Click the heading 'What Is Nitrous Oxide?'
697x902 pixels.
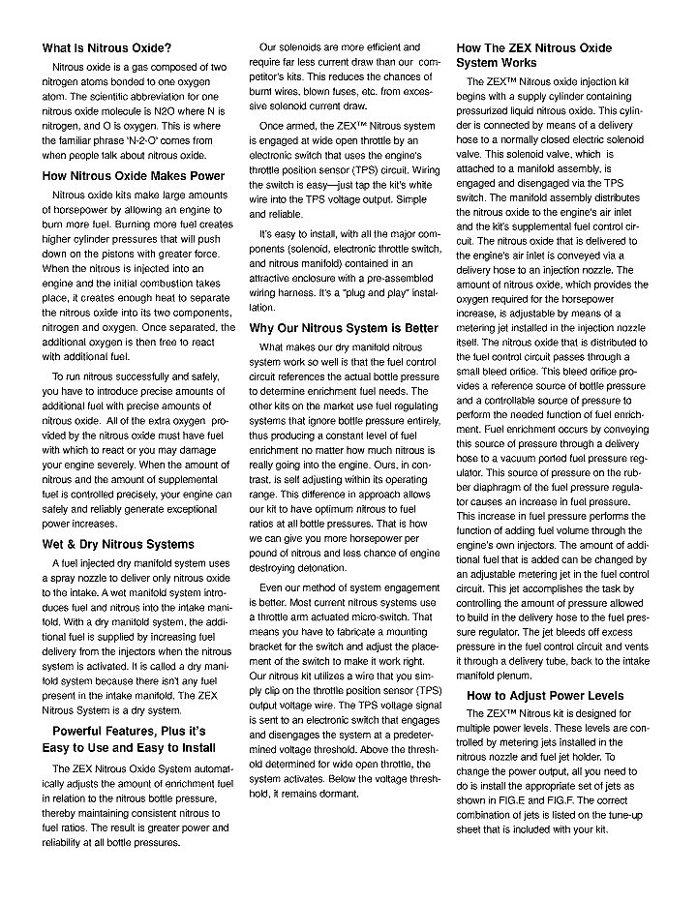pyautogui.click(x=107, y=48)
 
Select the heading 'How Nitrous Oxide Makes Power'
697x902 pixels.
pyautogui.click(x=134, y=176)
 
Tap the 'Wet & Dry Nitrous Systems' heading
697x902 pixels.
pyautogui.click(x=118, y=544)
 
